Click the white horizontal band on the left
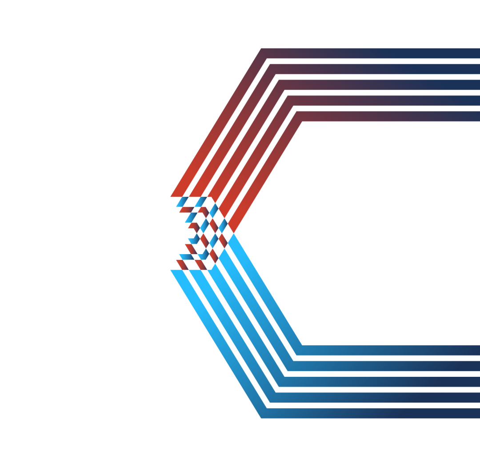(84, 233)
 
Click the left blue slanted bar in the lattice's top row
(182, 202)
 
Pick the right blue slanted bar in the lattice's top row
(201, 202)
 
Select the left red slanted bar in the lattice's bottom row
(182, 264)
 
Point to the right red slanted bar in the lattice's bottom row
(201, 264)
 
